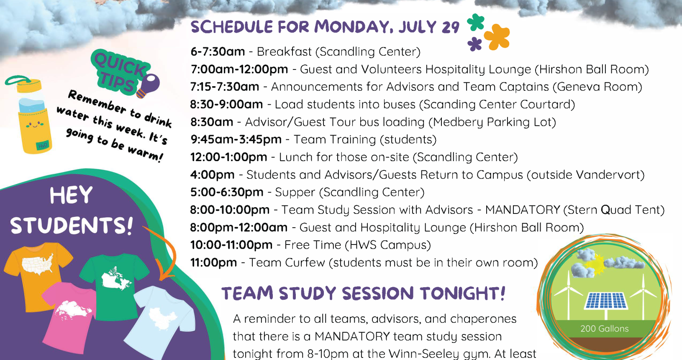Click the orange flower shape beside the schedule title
pos(497,37)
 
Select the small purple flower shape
pos(474,44)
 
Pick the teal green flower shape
pos(476,22)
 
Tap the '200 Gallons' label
pos(604,329)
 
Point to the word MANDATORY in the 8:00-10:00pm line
pos(523,210)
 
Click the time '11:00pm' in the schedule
pos(213,262)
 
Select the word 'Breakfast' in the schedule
pos(284,52)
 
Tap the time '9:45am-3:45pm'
pos(236,139)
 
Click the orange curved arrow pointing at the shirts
pos(166,253)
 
